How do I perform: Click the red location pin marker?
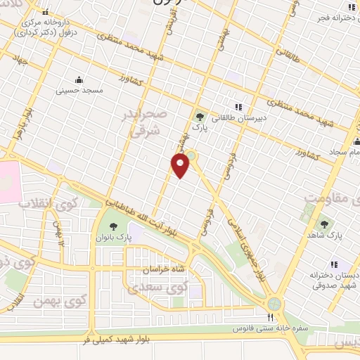coord(181,166)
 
